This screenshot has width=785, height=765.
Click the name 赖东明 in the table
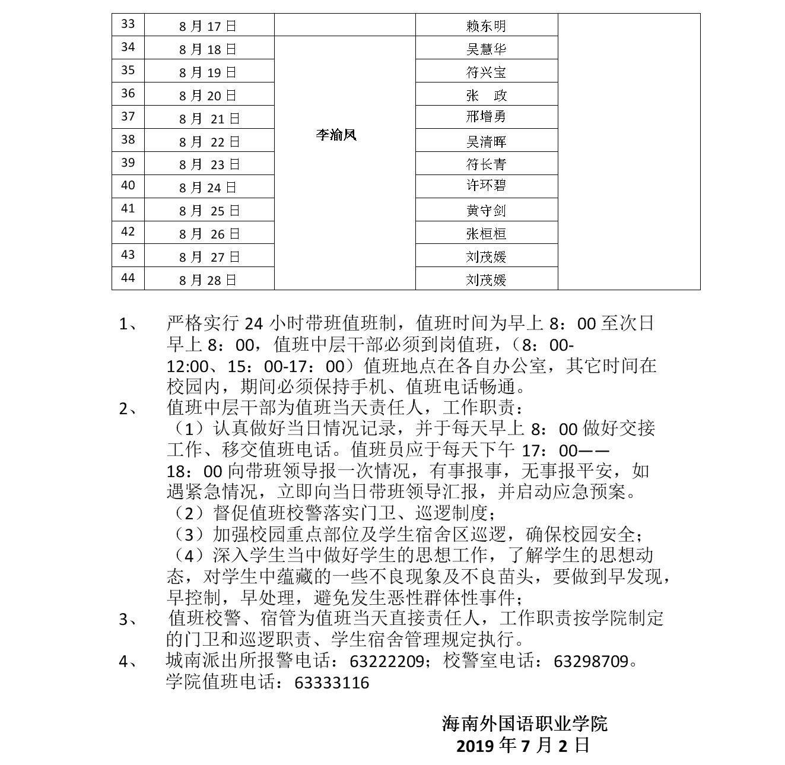pyautogui.click(x=486, y=26)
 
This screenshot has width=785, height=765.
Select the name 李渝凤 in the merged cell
pyautogui.click(x=336, y=135)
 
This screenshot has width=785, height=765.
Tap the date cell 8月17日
pyautogui.click(x=208, y=26)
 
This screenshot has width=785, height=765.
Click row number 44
pyautogui.click(x=128, y=278)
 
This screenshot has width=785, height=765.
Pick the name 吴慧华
pyautogui.click(x=486, y=49)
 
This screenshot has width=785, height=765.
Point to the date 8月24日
pyautogui.click(x=208, y=188)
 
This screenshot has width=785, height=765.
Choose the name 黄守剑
pyautogui.click(x=486, y=210)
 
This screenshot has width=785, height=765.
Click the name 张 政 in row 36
pyautogui.click(x=486, y=95)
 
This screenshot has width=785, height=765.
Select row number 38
pyautogui.click(x=128, y=139)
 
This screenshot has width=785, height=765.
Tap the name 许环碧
pyautogui.click(x=486, y=185)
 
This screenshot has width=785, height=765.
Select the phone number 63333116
pyautogui.click(x=332, y=683)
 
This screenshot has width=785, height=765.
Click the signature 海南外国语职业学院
pyautogui.click(x=525, y=724)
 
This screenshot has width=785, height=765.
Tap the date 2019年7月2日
pyautogui.click(x=522, y=745)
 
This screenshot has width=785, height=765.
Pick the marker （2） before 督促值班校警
pyautogui.click(x=189, y=513)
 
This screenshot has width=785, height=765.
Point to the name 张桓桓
pyautogui.click(x=486, y=233)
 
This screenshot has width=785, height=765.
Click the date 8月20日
pyautogui.click(x=208, y=96)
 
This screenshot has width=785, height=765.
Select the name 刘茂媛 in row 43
pyautogui.click(x=486, y=256)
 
